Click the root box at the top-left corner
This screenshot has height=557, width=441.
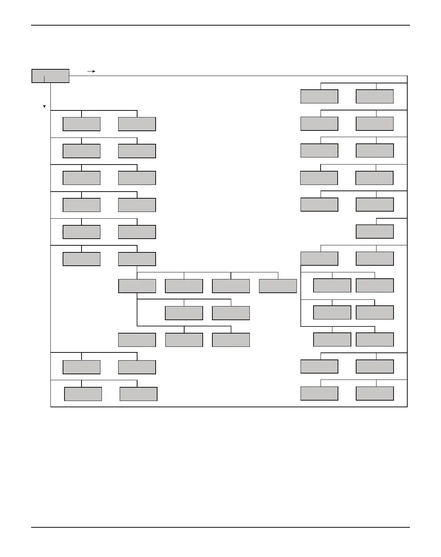click(50, 76)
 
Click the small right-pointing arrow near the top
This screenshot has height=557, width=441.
click(92, 71)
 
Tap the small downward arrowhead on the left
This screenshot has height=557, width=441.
click(44, 107)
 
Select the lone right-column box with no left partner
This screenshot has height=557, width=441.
click(375, 232)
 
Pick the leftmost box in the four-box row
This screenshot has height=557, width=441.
click(137, 286)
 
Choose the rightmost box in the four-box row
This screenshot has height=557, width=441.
click(278, 286)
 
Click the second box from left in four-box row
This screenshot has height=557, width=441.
click(184, 286)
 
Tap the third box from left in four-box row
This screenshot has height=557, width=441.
click(231, 286)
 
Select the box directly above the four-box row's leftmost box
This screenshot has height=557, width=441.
click(137, 259)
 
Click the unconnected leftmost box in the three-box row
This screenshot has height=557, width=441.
click(137, 340)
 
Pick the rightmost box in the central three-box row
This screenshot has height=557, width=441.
click(231, 340)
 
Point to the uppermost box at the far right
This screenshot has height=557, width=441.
click(375, 96)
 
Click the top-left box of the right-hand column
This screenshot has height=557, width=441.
click(319, 96)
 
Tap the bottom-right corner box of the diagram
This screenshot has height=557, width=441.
click(375, 394)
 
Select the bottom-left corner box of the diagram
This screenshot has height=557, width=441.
click(83, 394)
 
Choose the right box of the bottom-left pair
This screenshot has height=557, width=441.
click(139, 394)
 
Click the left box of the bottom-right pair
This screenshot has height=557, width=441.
click(319, 394)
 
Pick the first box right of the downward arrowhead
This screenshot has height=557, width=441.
click(82, 124)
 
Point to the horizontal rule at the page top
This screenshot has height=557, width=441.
click(220, 25)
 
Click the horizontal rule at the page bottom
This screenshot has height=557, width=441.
click(220, 527)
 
